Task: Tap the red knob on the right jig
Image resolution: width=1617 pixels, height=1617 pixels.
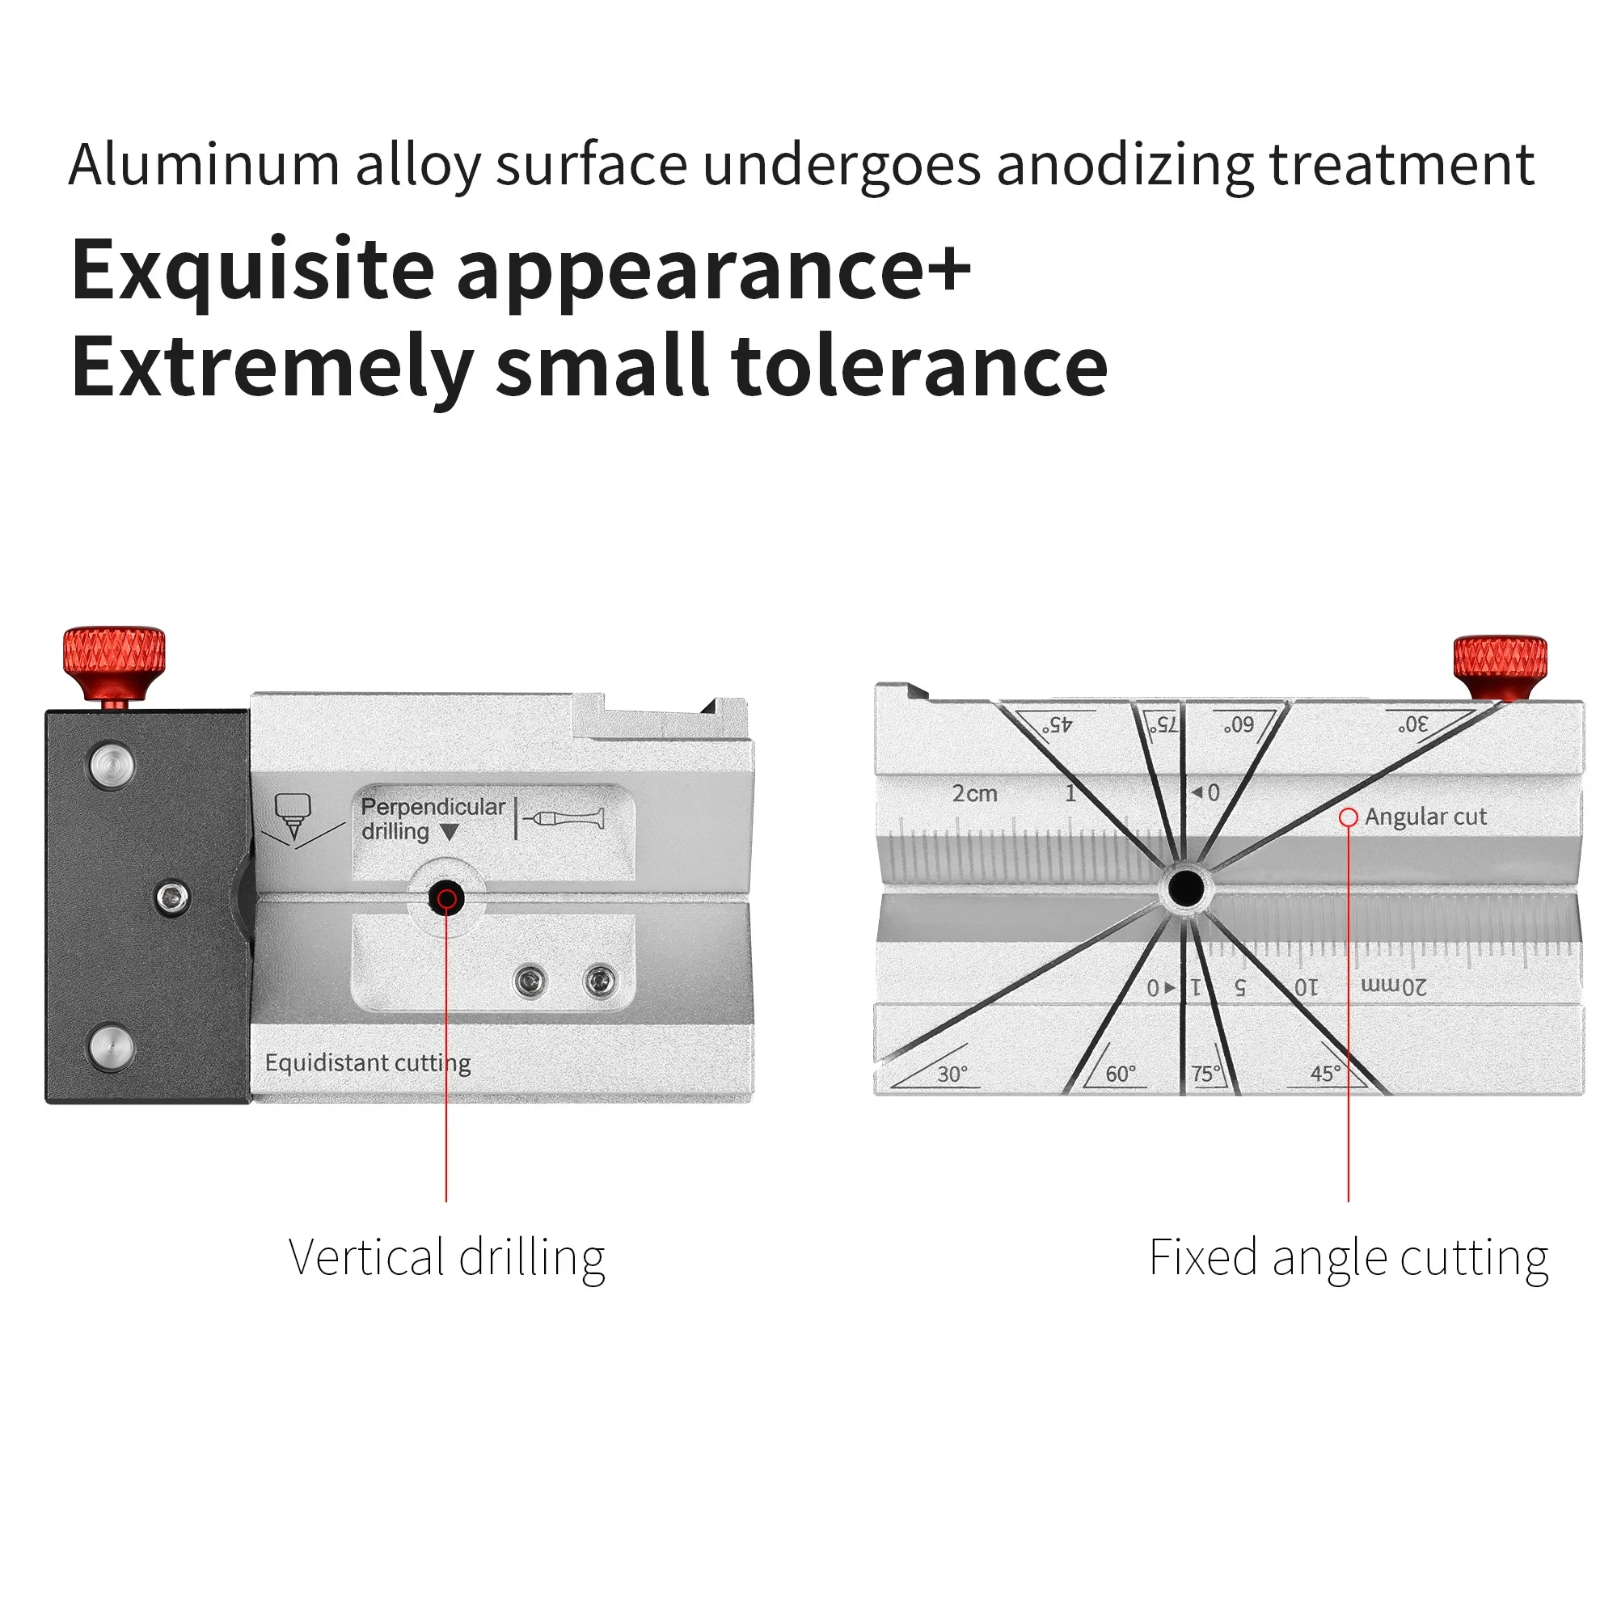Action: [1499, 664]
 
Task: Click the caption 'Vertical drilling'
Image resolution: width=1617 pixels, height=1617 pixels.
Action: [446, 1258]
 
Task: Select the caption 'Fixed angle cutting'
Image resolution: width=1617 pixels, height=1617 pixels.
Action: [1348, 1258]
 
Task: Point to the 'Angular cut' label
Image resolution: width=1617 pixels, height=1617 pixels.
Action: [1425, 817]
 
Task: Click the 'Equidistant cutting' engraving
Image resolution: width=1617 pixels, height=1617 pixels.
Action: [367, 1063]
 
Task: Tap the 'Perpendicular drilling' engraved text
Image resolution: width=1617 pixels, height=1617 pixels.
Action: [432, 818]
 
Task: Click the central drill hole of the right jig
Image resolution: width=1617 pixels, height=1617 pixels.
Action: [1185, 888]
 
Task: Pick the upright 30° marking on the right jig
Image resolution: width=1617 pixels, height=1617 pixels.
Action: [952, 1074]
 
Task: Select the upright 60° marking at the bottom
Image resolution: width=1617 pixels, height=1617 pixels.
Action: [1120, 1074]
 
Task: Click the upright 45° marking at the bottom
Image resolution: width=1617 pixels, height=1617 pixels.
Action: [1325, 1073]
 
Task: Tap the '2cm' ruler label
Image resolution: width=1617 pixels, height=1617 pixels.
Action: [974, 793]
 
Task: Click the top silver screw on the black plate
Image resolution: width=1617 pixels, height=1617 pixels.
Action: [112, 764]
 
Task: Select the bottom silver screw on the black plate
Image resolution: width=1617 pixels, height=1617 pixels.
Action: [112, 1046]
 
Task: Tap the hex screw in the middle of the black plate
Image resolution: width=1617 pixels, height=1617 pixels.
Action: [173, 898]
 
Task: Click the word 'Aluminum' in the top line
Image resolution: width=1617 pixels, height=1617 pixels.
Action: [204, 164]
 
